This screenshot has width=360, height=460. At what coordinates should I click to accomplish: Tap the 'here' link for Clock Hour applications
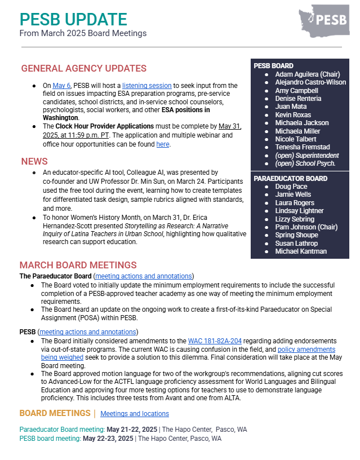click(x=162, y=144)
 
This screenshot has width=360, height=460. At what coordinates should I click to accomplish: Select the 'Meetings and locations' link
click(x=134, y=414)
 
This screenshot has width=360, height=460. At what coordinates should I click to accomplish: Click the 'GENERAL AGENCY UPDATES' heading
click(x=83, y=69)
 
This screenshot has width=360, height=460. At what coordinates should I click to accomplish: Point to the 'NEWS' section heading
click(x=34, y=162)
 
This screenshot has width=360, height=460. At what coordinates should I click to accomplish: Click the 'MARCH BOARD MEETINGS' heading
click(x=78, y=265)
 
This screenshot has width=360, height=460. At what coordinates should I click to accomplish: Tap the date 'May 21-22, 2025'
click(x=123, y=430)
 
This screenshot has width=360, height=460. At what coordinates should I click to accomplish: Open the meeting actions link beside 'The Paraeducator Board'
click(x=144, y=276)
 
